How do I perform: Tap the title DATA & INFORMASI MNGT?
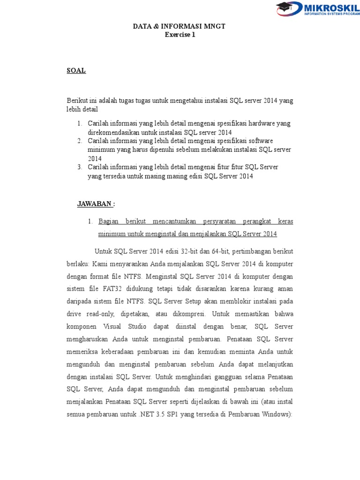[x=180, y=27]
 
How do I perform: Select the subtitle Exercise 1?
[x=180, y=35]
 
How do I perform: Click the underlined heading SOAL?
[x=76, y=71]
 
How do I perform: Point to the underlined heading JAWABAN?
[x=95, y=204]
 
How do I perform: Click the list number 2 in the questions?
[x=80, y=141]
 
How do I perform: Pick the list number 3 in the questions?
[x=80, y=167]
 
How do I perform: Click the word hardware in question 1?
[x=262, y=124]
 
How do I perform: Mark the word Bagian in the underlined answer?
[x=109, y=221]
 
